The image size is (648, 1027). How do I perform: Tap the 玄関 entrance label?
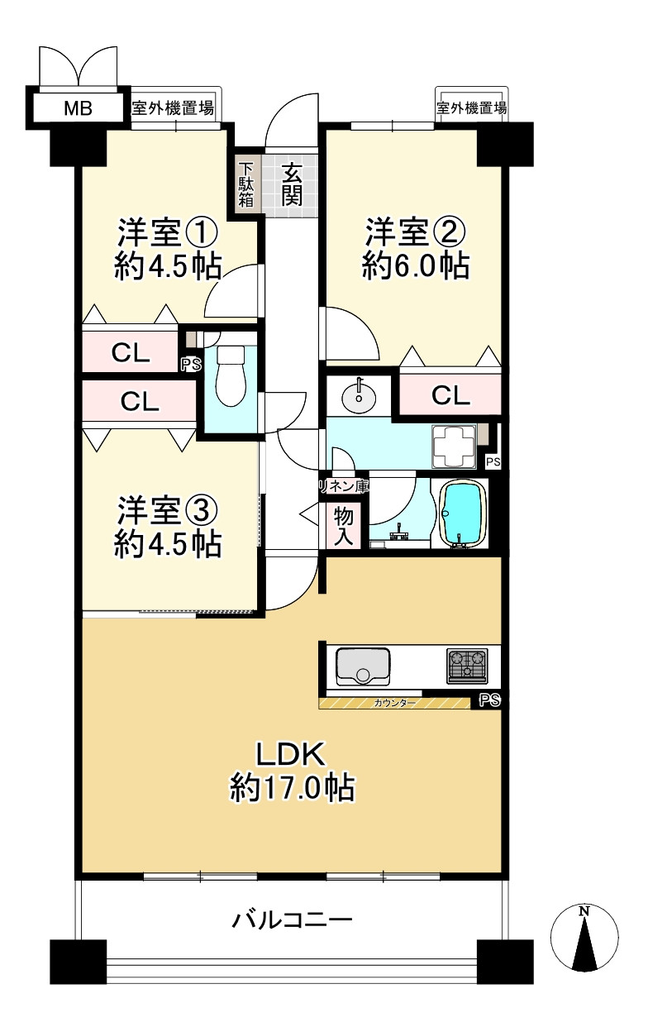(291, 185)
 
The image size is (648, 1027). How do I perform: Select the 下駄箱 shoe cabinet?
(246, 185)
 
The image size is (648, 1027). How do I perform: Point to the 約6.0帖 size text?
(416, 265)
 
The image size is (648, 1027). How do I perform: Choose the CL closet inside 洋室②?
(450, 395)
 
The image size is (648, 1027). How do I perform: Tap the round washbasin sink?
(359, 394)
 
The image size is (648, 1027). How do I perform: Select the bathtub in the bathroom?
(463, 513)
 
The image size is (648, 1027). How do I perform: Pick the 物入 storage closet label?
(344, 527)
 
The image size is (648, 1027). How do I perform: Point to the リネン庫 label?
(343, 486)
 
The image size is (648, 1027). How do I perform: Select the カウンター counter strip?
(395, 703)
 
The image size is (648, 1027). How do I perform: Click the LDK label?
(292, 753)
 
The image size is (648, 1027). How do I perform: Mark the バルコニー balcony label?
(292, 919)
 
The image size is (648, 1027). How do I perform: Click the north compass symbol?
(584, 938)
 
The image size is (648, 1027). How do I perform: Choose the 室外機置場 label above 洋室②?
(471, 107)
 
